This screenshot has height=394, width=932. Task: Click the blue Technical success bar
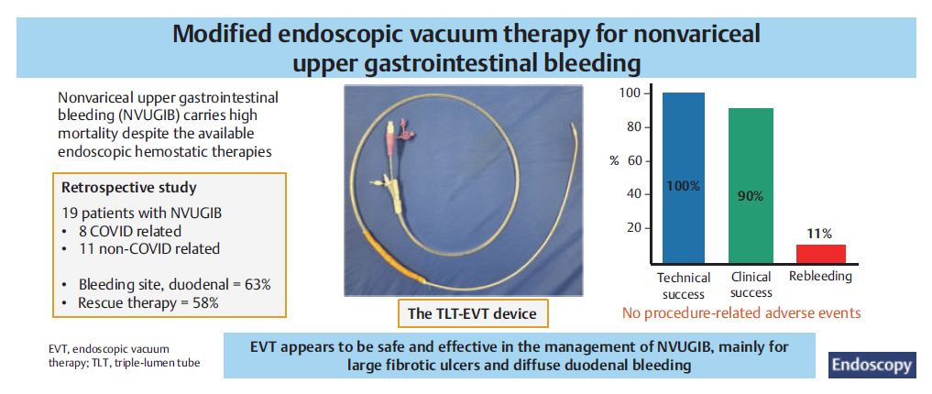tap(684, 178)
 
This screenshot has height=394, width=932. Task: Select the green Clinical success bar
tap(751, 185)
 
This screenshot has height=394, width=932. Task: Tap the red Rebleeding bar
tap(820, 253)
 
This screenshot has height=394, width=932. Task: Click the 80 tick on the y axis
tap(635, 127)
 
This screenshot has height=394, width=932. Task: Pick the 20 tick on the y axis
tap(635, 227)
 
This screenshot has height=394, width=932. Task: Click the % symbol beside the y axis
tap(615, 161)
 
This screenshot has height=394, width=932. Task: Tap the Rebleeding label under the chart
tap(820, 276)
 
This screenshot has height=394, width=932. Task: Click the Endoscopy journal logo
tap(872, 365)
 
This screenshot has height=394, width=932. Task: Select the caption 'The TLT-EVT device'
tap(472, 313)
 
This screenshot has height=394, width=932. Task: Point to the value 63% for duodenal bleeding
tap(258, 284)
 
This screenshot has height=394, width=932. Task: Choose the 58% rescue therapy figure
tap(204, 303)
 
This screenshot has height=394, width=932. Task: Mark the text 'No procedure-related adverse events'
tap(741, 312)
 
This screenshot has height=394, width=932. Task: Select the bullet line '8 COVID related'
tap(129, 230)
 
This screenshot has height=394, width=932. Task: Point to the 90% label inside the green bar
tap(751, 196)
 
